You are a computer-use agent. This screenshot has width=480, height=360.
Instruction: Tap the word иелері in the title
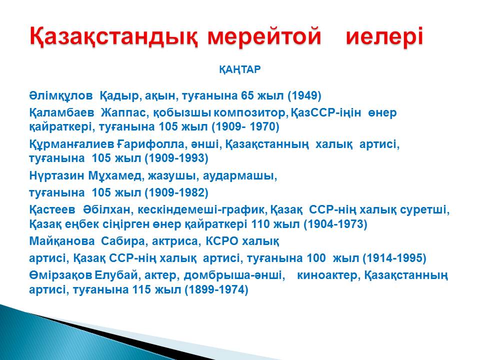(x=384, y=37)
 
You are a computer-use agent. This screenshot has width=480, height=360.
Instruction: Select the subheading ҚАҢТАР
(x=239, y=70)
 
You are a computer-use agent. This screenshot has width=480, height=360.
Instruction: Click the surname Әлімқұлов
(x=61, y=96)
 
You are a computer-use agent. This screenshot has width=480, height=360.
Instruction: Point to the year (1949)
(x=304, y=96)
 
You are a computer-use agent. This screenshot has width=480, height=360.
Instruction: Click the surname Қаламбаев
(x=62, y=112)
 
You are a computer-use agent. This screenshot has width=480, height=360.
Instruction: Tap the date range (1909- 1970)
(x=245, y=126)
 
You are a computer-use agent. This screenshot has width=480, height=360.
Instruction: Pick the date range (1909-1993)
(x=176, y=158)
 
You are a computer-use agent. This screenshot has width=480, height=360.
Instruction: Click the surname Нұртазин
(x=56, y=176)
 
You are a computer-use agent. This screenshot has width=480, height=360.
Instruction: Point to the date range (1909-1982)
(x=176, y=193)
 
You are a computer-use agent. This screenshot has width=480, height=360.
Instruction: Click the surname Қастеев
(x=52, y=209)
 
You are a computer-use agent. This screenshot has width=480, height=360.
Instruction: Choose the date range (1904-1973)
(x=335, y=224)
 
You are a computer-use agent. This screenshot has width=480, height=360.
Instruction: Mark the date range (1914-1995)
(x=394, y=258)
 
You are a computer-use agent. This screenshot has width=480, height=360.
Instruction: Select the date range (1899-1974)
(x=216, y=289)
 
